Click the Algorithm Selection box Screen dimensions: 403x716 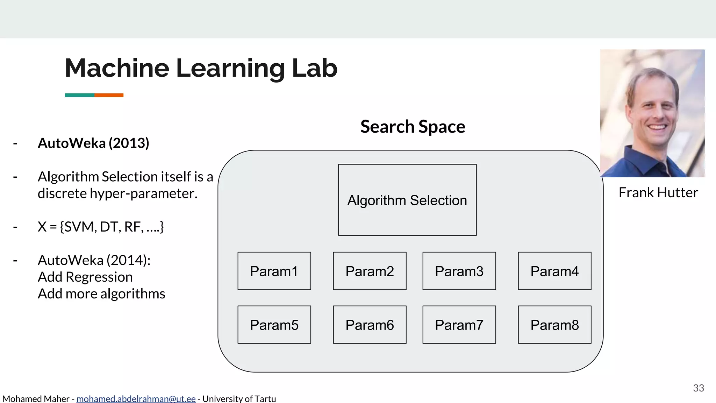tap(407, 200)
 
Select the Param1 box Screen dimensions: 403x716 tap(274, 271)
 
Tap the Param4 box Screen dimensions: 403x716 tap(554, 271)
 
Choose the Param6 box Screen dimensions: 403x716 tap(370, 325)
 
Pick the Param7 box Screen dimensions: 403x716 tap(459, 325)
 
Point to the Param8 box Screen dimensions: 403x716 tap(554, 325)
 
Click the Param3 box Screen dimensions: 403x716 tap(459, 271)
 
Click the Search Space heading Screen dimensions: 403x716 tap(413, 127)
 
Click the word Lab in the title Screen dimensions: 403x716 tap(314, 68)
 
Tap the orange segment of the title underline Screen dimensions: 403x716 tap(109, 95)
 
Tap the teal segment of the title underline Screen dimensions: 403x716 tap(79, 95)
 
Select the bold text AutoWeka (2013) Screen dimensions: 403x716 tap(93, 143)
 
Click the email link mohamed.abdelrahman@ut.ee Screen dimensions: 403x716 tap(136, 399)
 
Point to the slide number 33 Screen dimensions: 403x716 tap(699, 388)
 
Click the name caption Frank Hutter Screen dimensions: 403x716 tap(658, 193)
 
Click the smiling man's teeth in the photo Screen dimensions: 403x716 tap(657, 128)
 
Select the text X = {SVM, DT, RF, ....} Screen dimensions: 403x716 tap(101, 227)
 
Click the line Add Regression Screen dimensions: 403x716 tap(85, 277)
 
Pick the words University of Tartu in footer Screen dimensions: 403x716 tap(239, 399)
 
